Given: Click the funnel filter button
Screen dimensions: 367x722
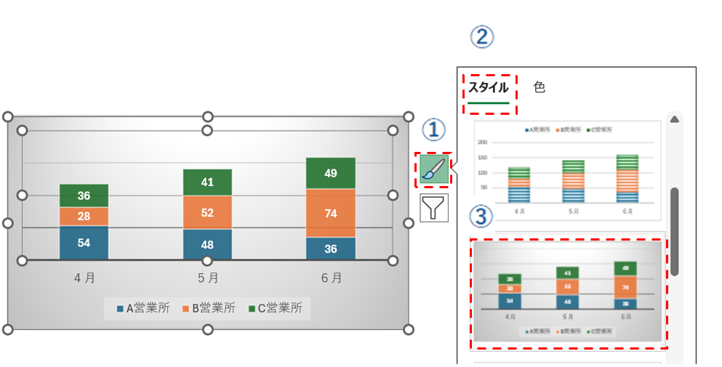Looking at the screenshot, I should [x=434, y=208].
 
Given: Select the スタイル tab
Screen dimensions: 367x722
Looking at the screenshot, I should [x=488, y=88].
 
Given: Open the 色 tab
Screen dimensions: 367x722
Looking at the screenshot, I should [x=539, y=87].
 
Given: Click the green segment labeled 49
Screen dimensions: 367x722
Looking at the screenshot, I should [x=331, y=173].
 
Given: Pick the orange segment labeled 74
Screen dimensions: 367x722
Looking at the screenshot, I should [x=331, y=213].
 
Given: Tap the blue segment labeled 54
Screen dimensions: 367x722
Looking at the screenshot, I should [x=84, y=243].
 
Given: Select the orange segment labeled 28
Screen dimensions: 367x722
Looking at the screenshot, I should [x=84, y=217].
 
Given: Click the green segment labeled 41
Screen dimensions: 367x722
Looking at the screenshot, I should [x=207, y=182].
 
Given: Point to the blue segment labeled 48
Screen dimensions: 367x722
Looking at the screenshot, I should [x=207, y=245].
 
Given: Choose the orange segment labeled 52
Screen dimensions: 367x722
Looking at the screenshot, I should [x=207, y=212].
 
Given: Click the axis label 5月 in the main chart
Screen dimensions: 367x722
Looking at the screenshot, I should [x=208, y=278].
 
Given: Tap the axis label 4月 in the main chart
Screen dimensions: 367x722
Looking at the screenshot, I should [x=84, y=278].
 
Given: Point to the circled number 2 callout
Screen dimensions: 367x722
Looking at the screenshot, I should [x=481, y=37].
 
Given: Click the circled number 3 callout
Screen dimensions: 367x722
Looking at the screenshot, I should [x=481, y=216].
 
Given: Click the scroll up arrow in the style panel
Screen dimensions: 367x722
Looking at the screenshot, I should [x=675, y=119].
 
